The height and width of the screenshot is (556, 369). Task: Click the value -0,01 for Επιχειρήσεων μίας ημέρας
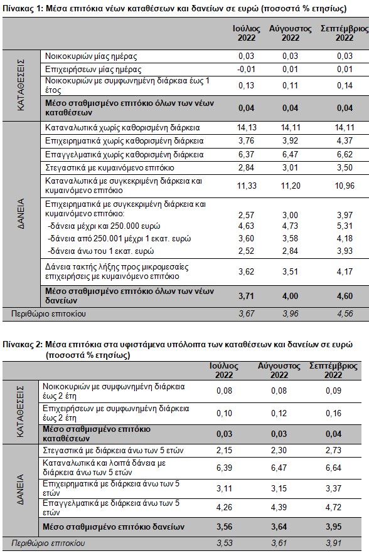click(x=246, y=69)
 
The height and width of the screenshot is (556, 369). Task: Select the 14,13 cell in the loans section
click(x=247, y=128)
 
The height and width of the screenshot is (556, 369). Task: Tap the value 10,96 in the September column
click(x=345, y=186)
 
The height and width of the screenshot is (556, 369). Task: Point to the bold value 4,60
click(x=345, y=296)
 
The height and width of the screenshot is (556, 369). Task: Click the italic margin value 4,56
click(x=345, y=313)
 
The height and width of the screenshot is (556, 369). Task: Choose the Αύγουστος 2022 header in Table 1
click(x=290, y=33)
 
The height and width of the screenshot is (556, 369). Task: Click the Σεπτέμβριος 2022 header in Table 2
click(x=333, y=370)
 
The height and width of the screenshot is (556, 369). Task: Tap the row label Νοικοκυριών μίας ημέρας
click(x=91, y=56)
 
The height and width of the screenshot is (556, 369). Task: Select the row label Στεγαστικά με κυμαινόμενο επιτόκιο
click(x=110, y=168)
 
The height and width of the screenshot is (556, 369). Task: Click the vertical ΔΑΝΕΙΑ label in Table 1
click(x=21, y=214)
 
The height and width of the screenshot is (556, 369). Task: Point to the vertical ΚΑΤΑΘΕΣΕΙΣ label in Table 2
click(x=20, y=411)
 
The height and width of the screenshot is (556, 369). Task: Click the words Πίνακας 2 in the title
click(x=23, y=344)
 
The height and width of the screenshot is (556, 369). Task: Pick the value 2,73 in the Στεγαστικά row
click(x=333, y=450)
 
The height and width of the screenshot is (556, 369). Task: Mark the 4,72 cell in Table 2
click(x=333, y=508)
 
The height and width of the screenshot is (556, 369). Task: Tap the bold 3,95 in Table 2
click(x=333, y=527)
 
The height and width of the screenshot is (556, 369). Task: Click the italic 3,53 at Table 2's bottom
click(x=224, y=543)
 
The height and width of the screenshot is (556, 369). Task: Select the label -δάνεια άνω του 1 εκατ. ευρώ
click(x=101, y=251)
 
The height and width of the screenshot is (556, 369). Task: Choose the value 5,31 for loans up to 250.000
click(x=345, y=226)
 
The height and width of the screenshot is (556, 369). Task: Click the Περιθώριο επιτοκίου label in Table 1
click(x=49, y=314)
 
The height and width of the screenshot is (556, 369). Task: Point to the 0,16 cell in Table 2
click(x=333, y=413)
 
